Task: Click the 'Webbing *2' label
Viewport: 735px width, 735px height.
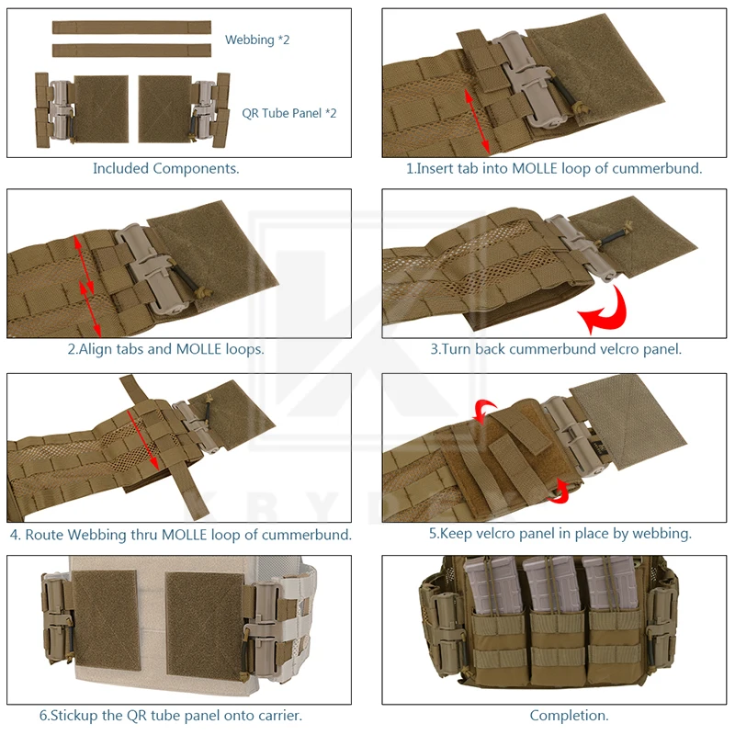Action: coord(257,40)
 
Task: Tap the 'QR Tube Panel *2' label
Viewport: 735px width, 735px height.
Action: coord(289,113)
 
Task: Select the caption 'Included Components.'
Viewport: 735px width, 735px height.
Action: coord(166,168)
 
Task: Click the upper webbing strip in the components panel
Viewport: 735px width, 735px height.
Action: coord(131,28)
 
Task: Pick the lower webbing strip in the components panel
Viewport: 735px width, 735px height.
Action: coord(131,51)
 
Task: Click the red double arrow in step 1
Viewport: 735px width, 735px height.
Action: coord(477,121)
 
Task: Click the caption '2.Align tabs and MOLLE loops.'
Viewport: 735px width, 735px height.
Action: coord(166,349)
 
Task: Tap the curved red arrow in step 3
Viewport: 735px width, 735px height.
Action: coord(605,311)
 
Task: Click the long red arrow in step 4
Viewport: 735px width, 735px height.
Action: coord(143,440)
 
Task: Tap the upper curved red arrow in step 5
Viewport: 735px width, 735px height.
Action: coord(484,410)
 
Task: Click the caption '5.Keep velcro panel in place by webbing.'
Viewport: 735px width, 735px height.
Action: coord(560,534)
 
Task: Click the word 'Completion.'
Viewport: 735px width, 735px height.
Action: coord(569,716)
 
